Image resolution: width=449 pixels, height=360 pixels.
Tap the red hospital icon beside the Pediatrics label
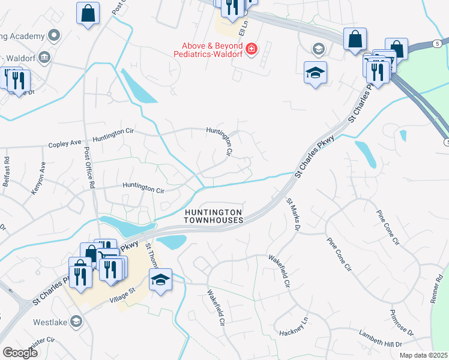click(252, 48)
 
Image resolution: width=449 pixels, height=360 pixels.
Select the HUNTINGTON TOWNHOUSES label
click(213, 217)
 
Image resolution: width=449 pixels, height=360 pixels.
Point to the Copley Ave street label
click(64, 144)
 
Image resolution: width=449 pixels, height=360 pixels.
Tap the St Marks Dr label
click(292, 214)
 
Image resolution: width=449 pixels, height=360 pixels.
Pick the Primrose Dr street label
click(402, 323)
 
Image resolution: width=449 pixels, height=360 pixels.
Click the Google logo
click(20, 352)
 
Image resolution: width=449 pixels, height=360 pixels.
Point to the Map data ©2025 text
click(424, 355)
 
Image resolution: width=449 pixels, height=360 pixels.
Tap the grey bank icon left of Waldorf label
click(44, 58)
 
